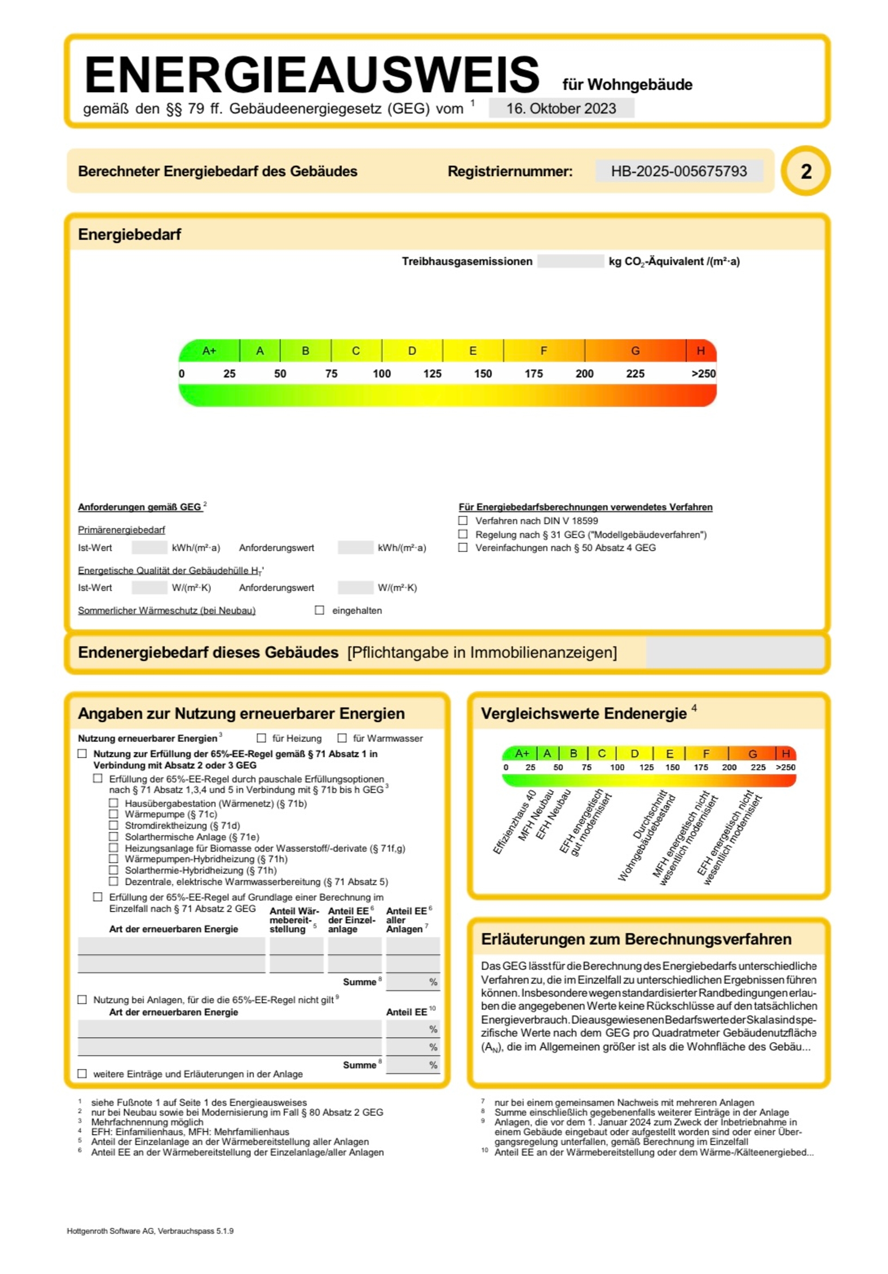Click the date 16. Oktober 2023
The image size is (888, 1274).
tap(561, 108)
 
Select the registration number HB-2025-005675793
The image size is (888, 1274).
tap(678, 171)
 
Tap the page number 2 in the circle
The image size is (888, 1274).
tap(805, 171)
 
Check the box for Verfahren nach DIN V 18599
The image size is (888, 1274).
tap(462, 520)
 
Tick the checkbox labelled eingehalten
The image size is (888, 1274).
tap(319, 610)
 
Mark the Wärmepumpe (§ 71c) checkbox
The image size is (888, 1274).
tap(113, 814)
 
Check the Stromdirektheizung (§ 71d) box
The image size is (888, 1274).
tap(113, 825)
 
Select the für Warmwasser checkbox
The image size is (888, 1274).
tap(342, 738)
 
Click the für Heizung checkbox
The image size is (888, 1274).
tap(261, 738)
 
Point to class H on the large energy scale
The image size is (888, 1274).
tap(700, 351)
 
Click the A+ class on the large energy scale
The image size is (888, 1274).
tap(209, 351)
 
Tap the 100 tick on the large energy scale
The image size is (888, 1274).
tap(382, 373)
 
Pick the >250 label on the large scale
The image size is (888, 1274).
tap(703, 373)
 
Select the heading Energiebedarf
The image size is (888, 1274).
tap(129, 234)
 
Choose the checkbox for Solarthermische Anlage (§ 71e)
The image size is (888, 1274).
tap(113, 836)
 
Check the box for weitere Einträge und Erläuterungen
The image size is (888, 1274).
tap(82, 1074)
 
